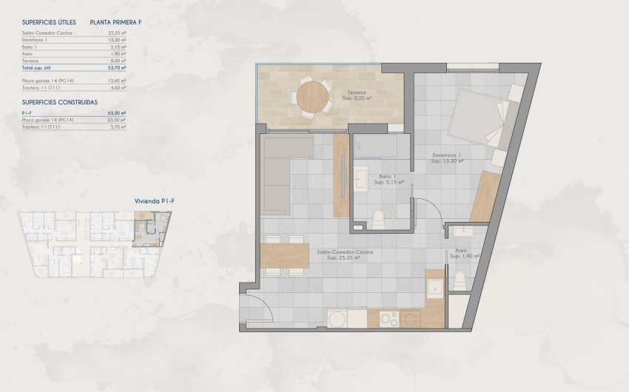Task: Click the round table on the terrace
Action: coord(314,95)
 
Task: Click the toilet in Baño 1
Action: coord(378,217)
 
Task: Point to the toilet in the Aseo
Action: coord(459,280)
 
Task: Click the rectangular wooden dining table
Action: coord(285,255)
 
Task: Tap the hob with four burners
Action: coord(388,319)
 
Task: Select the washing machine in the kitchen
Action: coord(337,319)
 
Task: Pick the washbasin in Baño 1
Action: coord(362,178)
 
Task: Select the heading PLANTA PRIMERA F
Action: coord(115,23)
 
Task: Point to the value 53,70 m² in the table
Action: coord(116,67)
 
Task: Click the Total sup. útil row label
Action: coord(41,67)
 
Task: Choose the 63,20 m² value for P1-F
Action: coord(116,113)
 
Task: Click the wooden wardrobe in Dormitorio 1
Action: coord(485,197)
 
